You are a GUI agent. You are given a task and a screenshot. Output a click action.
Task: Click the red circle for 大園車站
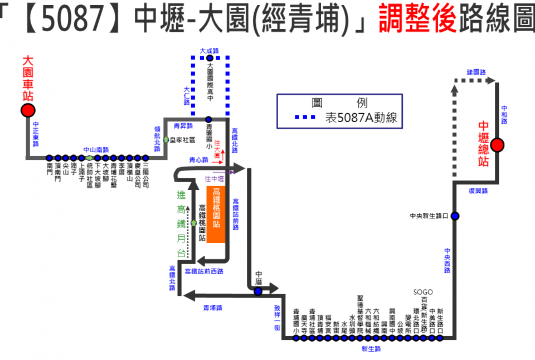[28, 110]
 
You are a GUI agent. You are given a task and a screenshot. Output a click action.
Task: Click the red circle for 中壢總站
[497, 145]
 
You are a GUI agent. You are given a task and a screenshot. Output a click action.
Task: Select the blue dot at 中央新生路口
[455, 216]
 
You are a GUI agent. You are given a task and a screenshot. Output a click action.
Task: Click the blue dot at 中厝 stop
[258, 291]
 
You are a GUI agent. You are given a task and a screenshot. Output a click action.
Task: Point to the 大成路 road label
[210, 51]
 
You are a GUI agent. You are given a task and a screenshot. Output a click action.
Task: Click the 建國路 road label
[476, 72]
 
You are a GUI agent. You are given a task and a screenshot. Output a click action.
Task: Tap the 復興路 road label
[478, 191]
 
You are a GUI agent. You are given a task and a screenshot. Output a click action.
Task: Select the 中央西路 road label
[448, 260]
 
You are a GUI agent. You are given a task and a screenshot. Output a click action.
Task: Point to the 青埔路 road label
[212, 307]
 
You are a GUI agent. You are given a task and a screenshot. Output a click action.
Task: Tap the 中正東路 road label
[36, 134]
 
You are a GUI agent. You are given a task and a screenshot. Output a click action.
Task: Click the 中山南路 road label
[96, 149]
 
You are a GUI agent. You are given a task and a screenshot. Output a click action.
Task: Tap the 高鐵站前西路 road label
[204, 271]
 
